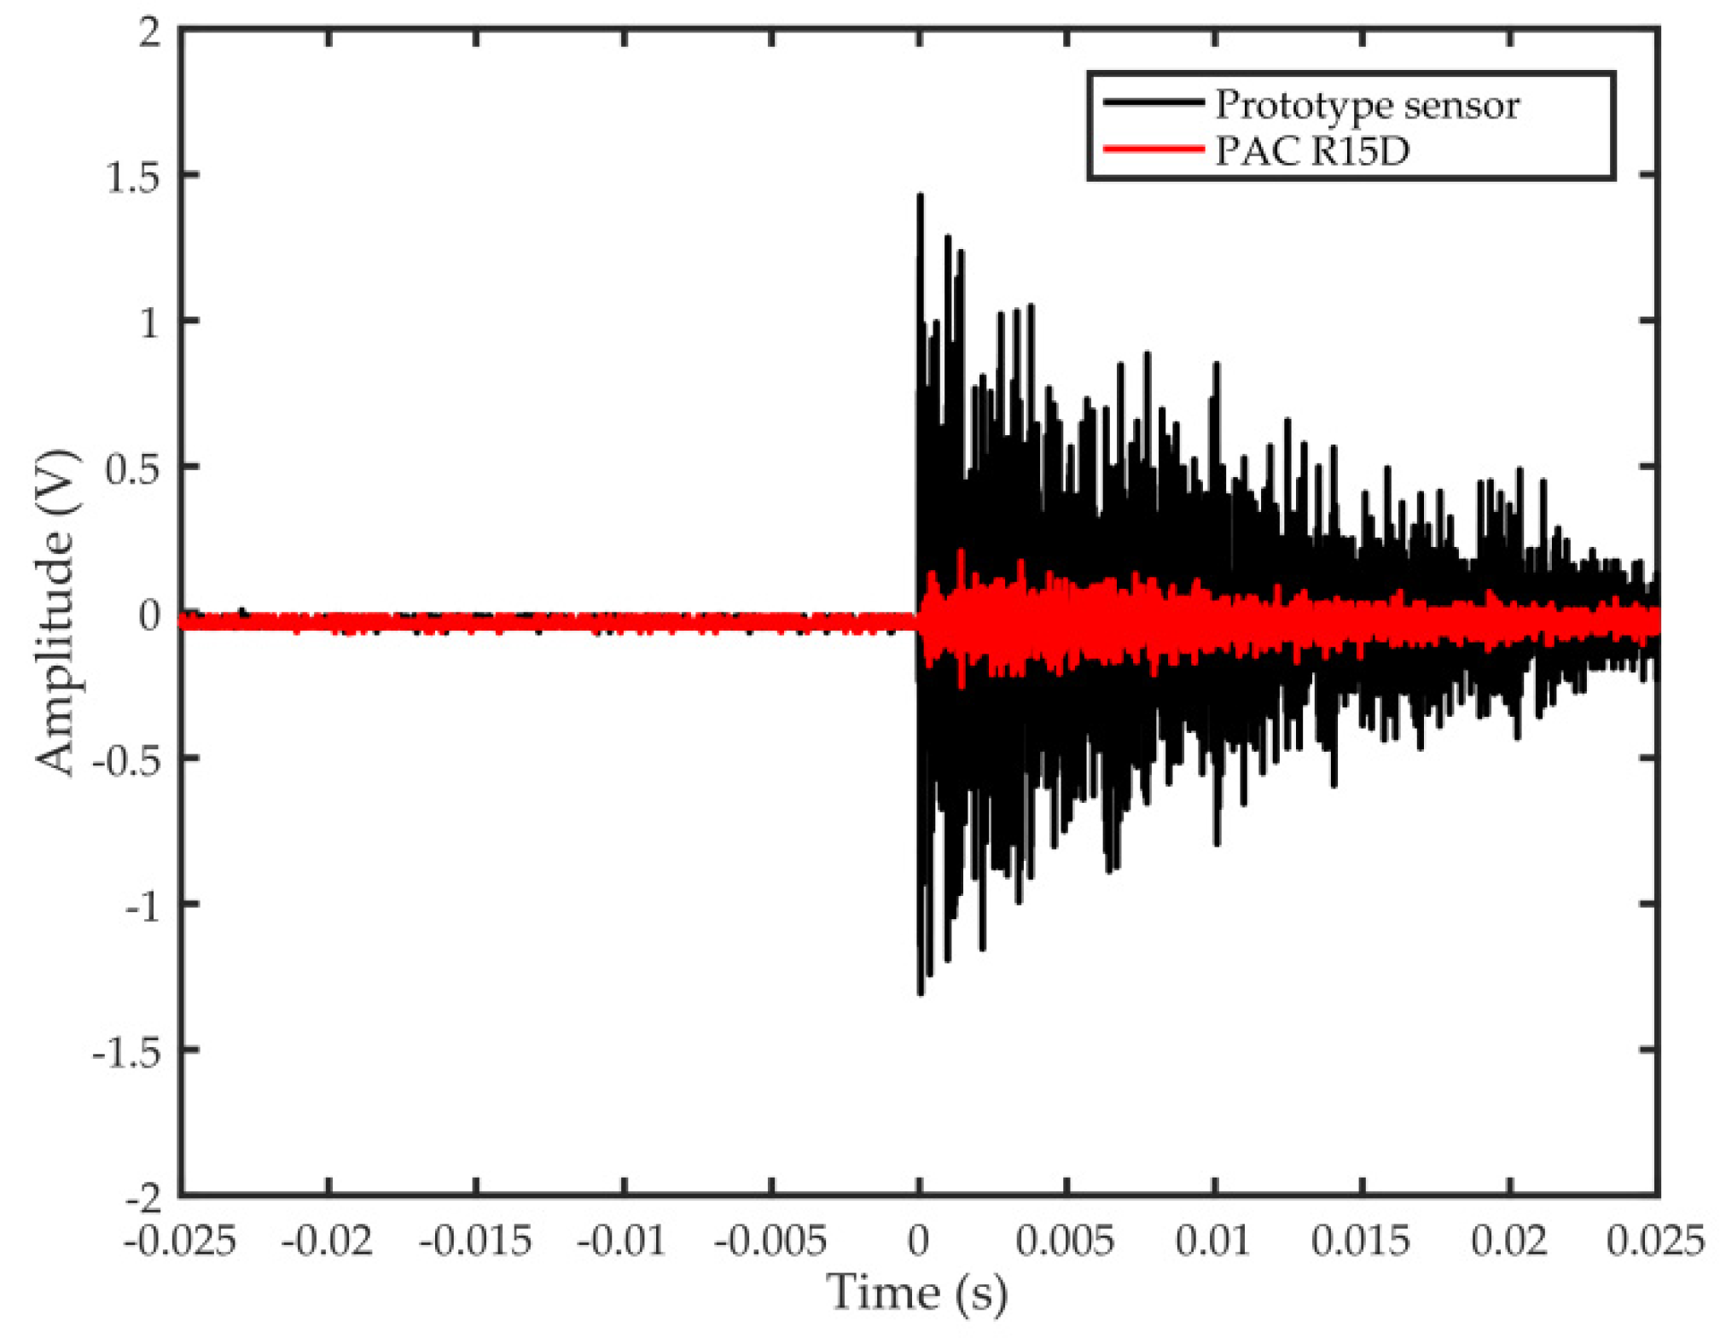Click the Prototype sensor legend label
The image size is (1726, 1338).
tap(1366, 106)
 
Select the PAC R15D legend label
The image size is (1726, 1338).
tap(1311, 151)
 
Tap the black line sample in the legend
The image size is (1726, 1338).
tap(1153, 102)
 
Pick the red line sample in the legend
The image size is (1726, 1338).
tap(1153, 149)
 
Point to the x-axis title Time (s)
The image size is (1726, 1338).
tap(917, 1293)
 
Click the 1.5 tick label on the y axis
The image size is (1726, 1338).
tap(132, 178)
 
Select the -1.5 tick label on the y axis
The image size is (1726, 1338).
tap(126, 1054)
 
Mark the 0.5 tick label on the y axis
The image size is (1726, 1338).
tap(132, 470)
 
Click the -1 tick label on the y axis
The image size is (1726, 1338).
tap(142, 908)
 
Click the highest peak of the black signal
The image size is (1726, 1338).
tap(920, 196)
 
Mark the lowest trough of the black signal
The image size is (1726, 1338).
tap(921, 993)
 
